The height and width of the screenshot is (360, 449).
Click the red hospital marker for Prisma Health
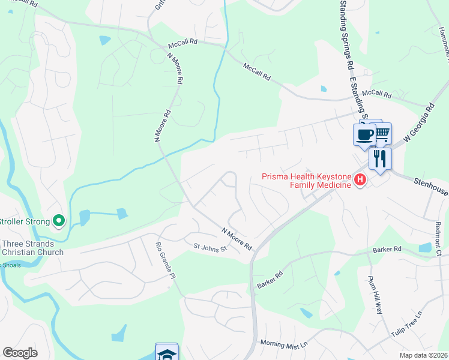pos(360,179)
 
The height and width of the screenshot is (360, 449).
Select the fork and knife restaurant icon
pos(380,158)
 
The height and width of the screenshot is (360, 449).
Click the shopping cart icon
pos(382,133)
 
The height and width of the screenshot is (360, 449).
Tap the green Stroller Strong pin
pos(58,221)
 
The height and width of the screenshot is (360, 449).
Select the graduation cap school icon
pos(166,353)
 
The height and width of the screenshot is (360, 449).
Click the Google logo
pos(20,353)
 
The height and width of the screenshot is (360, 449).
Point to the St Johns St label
pos(209,247)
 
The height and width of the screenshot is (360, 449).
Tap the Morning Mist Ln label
pos(283,344)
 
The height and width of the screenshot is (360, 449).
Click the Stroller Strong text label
pos(24,221)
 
